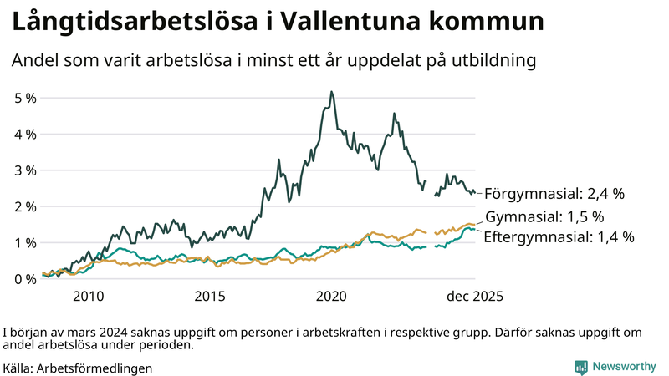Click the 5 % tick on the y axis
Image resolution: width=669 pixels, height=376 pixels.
pyautogui.click(x=25, y=98)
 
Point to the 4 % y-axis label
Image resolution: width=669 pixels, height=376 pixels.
pyautogui.click(x=25, y=134)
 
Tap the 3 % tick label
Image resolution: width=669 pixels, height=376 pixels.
pyautogui.click(x=25, y=170)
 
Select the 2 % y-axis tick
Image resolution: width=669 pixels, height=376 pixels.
pyautogui.click(x=25, y=206)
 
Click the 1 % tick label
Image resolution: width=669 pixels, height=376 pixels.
pyautogui.click(x=25, y=243)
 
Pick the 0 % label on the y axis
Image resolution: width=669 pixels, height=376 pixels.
pyautogui.click(x=25, y=279)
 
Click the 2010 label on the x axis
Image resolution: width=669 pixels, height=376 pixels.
pyautogui.click(x=89, y=296)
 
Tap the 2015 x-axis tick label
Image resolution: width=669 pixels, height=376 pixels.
pyautogui.click(x=210, y=296)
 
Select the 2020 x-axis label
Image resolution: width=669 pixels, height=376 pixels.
pyautogui.click(x=332, y=296)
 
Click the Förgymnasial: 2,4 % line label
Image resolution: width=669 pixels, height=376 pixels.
pyautogui.click(x=554, y=194)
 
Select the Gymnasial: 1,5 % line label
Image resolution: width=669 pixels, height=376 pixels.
pyautogui.click(x=555, y=217)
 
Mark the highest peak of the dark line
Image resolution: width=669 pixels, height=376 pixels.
pyautogui.click(x=332, y=92)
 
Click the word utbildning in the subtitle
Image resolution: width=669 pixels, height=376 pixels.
pyautogui.click(x=489, y=61)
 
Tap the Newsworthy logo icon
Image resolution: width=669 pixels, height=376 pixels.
pyautogui.click(x=580, y=367)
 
